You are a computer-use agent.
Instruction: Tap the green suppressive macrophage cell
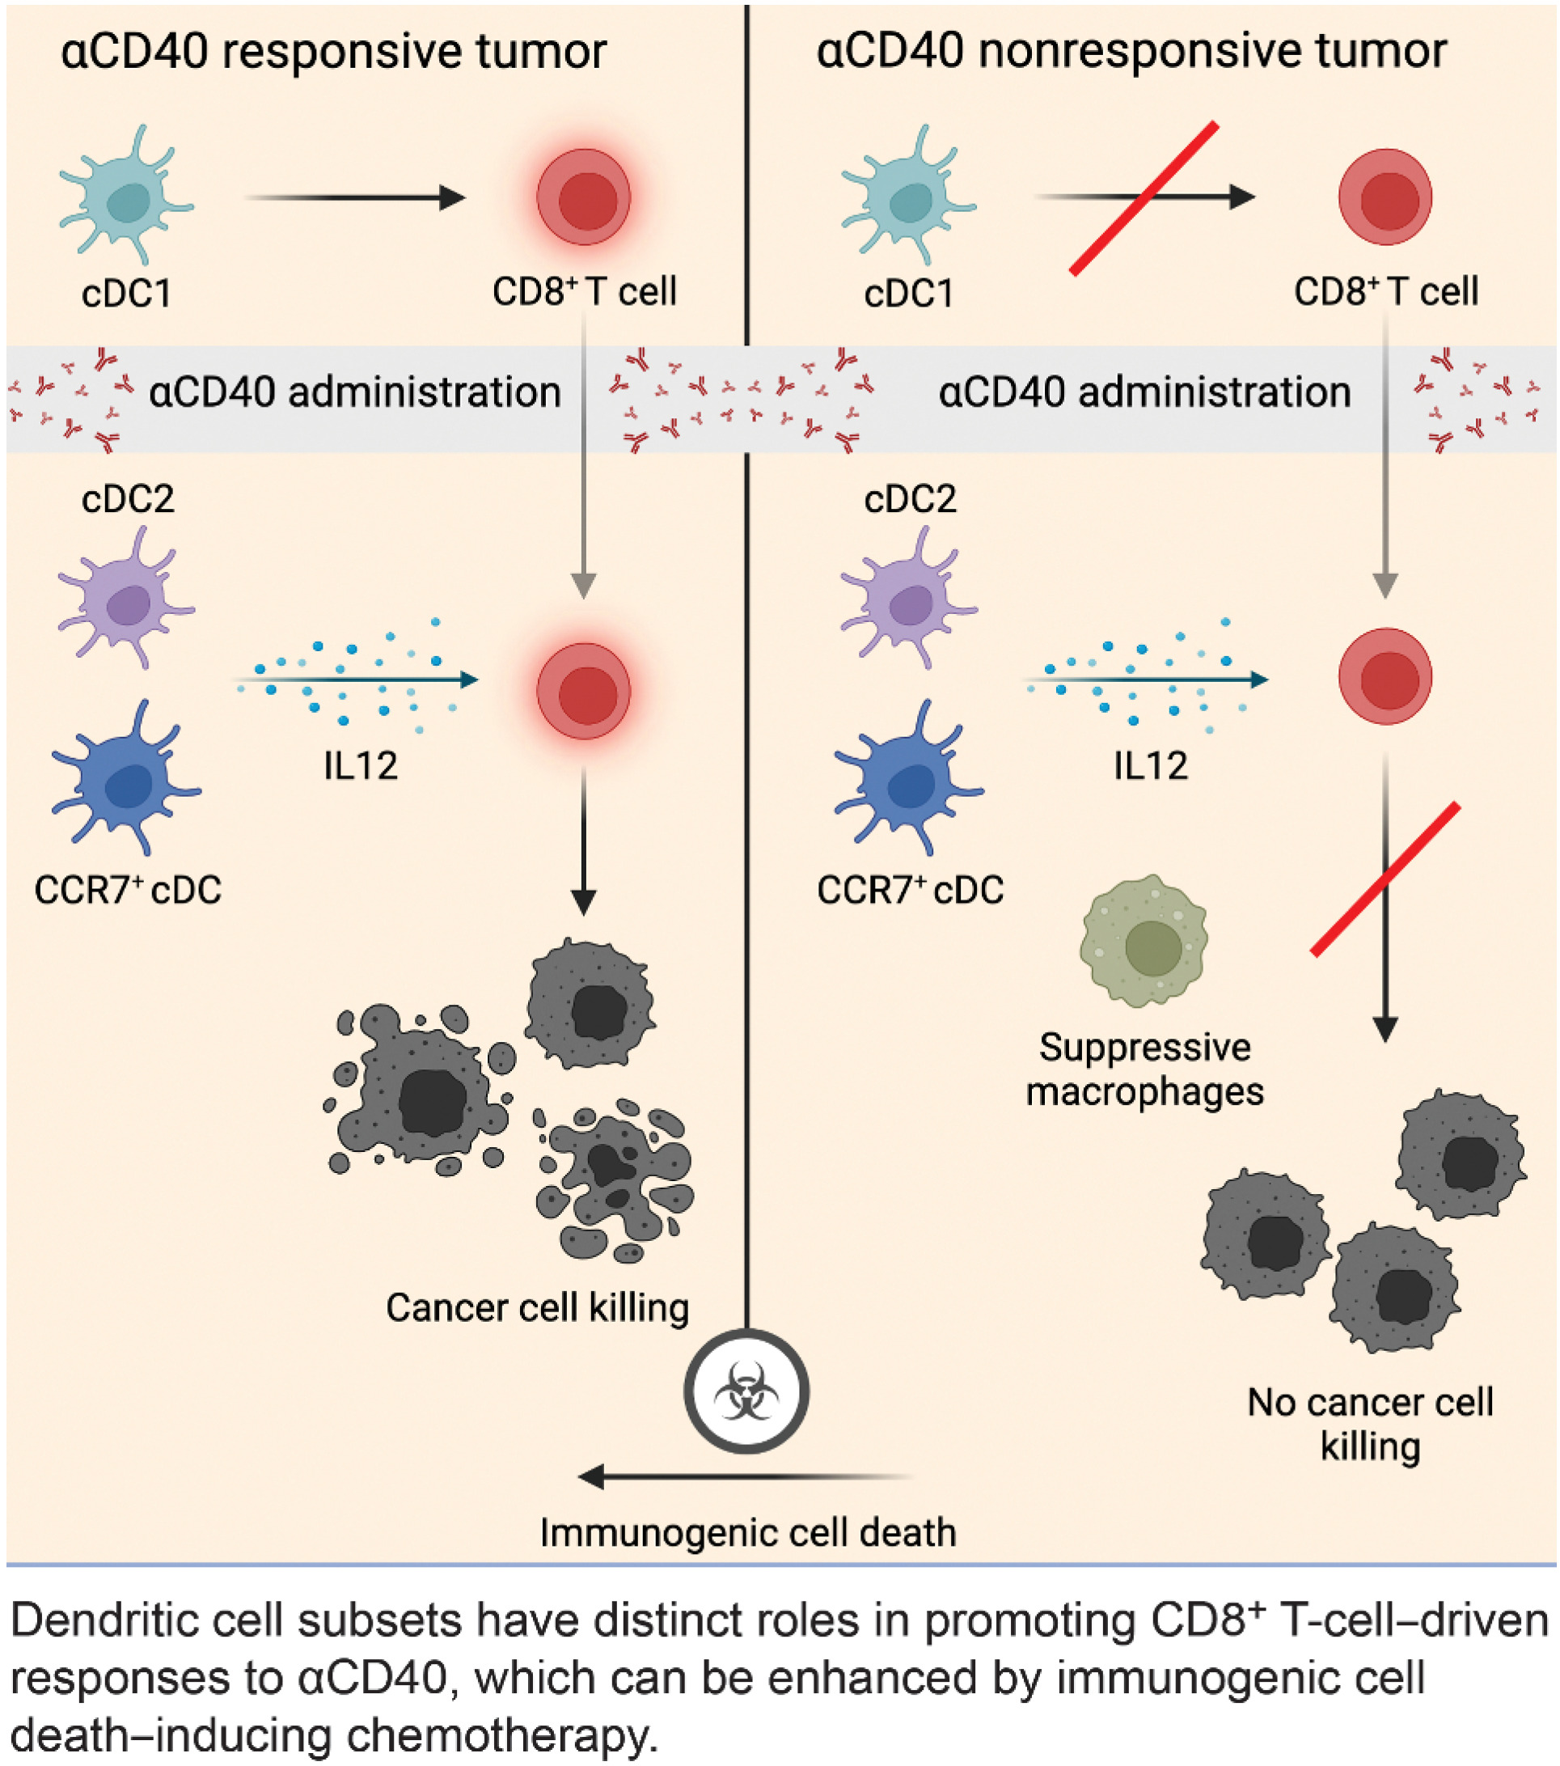pyautogui.click(x=1144, y=942)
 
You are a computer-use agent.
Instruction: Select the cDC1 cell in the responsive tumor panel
pyautogui.click(x=128, y=197)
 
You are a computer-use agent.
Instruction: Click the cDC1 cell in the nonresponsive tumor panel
pyautogui.click(x=910, y=197)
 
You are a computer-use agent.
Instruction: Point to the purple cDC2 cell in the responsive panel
pyautogui.click(x=128, y=599)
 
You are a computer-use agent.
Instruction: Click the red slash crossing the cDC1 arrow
pyautogui.click(x=1144, y=199)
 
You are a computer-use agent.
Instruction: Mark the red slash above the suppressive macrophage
pyautogui.click(x=1385, y=879)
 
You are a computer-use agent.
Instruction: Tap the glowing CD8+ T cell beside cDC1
pyautogui.click(x=584, y=197)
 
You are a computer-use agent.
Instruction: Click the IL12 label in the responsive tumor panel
pyautogui.click(x=360, y=765)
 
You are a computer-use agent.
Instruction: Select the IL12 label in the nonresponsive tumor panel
pyautogui.click(x=1150, y=765)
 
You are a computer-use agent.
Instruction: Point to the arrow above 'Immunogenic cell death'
pyautogui.click(x=743, y=1476)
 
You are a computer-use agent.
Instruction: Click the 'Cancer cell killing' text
pyautogui.click(x=537, y=1307)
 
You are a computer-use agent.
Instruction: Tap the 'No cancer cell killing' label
pyautogui.click(x=1370, y=1424)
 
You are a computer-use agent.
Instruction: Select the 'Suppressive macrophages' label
pyautogui.click(x=1144, y=1069)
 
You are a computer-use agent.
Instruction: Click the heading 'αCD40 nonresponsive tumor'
pyautogui.click(x=1131, y=52)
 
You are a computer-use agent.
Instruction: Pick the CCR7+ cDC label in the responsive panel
pyautogui.click(x=128, y=890)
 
